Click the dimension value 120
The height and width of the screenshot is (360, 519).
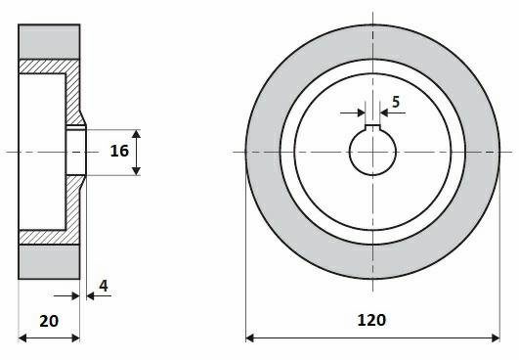pyautogui.click(x=371, y=320)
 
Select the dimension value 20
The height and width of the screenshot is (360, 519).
pyautogui.click(x=49, y=321)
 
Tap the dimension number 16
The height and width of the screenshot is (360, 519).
pyautogui.click(x=119, y=151)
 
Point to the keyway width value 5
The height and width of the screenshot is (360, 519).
pyautogui.click(x=396, y=102)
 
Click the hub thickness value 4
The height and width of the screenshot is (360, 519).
pyautogui.click(x=104, y=286)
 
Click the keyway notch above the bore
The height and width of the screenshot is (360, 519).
pyautogui.click(x=372, y=127)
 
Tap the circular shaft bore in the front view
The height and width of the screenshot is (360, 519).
pyautogui.click(x=372, y=151)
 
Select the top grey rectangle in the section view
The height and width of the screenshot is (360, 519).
pyautogui.click(x=49, y=42)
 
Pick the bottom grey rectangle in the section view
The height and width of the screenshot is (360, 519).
pyautogui.click(x=49, y=262)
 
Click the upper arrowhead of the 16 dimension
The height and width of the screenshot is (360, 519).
pyautogui.click(x=136, y=134)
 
